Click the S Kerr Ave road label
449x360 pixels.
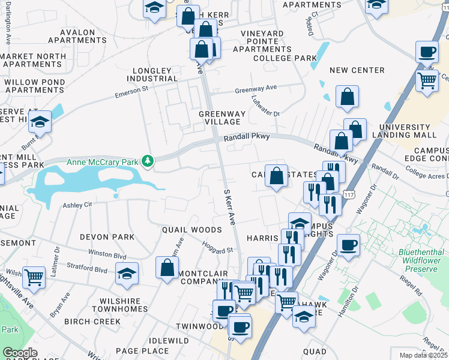[x=229, y=208]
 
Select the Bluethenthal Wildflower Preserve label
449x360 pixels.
[x=421, y=257]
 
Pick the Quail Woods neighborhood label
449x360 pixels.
[x=192, y=230]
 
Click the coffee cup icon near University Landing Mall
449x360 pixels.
[x=427, y=53]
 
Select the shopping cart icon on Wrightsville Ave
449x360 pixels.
[x=34, y=278]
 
